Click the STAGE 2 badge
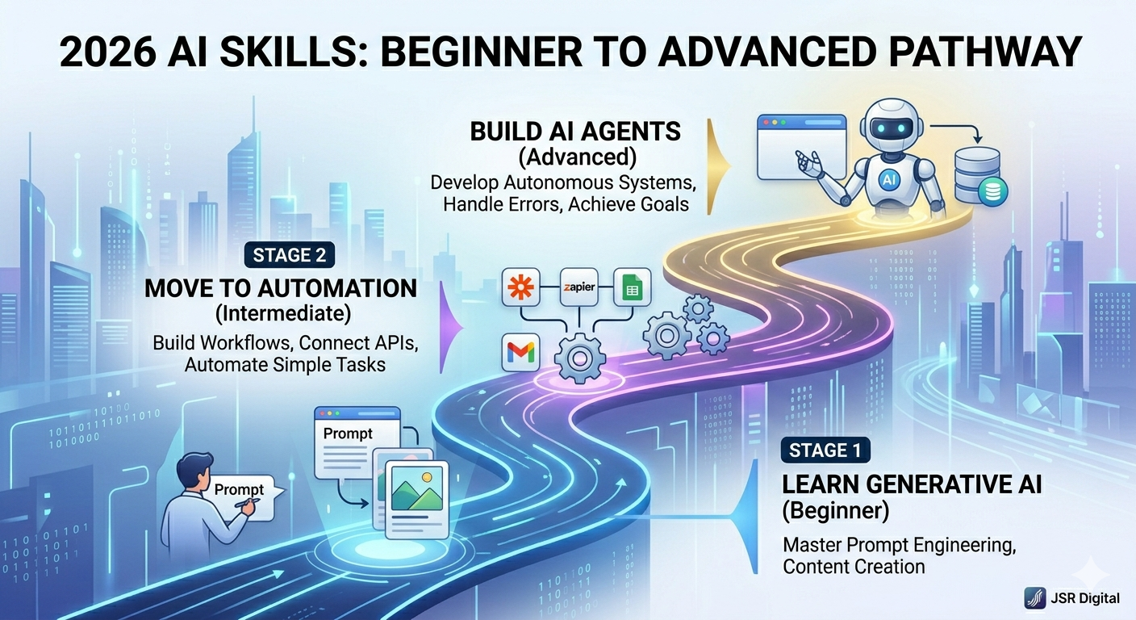pyautogui.click(x=290, y=256)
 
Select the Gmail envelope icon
pyautogui.click(x=520, y=352)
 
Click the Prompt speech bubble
pyautogui.click(x=240, y=490)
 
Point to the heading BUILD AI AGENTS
pyautogui.click(x=576, y=132)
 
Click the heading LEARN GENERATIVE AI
pyautogui.click(x=913, y=485)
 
